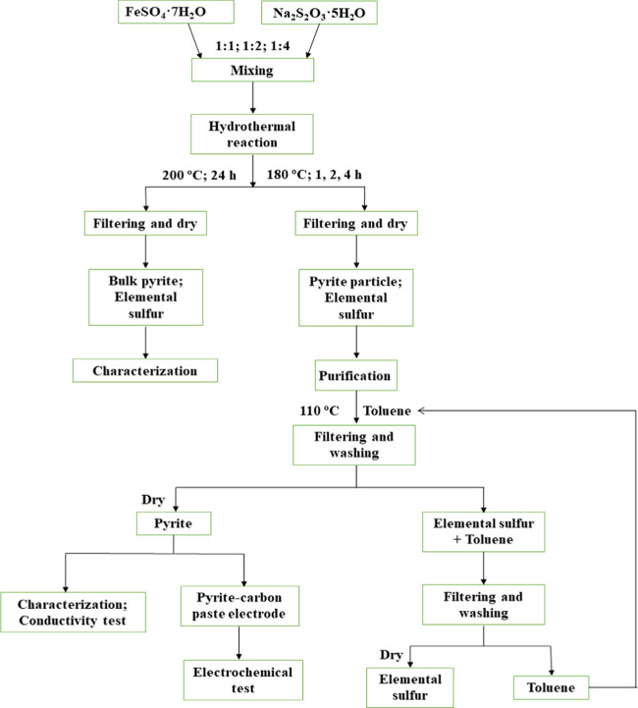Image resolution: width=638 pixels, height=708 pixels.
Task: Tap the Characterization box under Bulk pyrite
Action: (x=144, y=371)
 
